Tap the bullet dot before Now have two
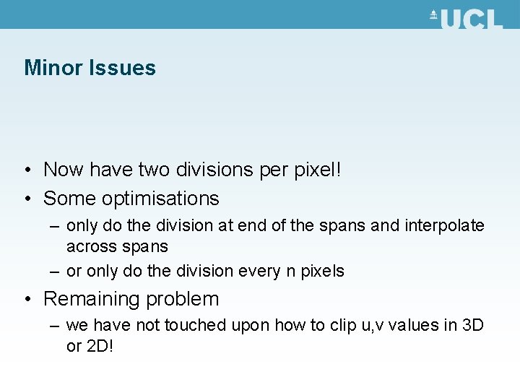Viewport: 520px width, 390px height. coord(26,170)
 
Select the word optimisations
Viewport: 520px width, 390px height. coord(160,198)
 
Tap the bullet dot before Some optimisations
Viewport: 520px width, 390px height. coord(26,199)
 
